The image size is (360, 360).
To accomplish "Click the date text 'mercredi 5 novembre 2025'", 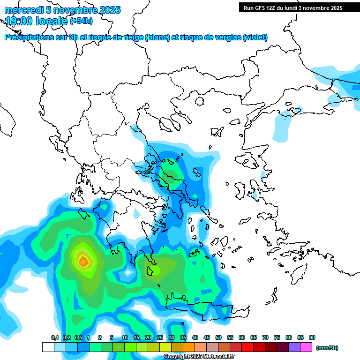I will pos(63,10).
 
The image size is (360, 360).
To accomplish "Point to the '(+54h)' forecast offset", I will pos(81,21).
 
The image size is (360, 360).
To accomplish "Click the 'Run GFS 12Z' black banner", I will pos(292,8).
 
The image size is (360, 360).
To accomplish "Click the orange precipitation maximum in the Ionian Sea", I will pos(83,262).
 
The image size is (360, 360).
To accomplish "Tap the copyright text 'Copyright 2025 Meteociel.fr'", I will pos(199,357).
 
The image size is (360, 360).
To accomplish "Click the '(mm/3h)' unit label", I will pos(327,348).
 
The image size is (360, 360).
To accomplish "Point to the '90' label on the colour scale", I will pos(312,337).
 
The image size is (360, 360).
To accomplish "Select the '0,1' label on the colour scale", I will pos(54,337).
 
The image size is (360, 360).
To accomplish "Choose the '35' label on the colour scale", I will pos(183,337).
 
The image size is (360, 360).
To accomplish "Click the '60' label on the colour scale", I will pos(242,337).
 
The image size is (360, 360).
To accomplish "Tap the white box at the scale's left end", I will pos(48,347).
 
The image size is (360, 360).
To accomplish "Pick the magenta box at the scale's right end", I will pos(306,347).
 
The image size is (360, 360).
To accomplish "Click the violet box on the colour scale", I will pos(294,347).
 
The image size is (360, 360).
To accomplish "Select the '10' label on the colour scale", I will pos(125,337).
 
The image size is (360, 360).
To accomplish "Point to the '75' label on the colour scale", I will pos(277,337).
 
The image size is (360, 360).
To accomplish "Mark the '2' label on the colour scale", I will pos(100,337).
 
